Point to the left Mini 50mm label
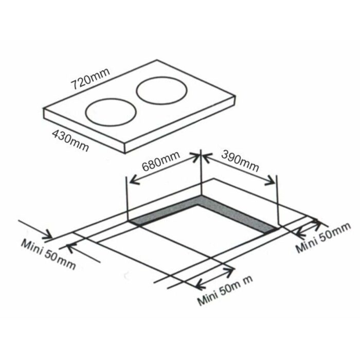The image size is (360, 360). point(49,253)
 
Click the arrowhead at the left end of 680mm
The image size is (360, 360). point(132,181)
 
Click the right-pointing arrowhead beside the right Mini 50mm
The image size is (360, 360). point(319,222)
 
